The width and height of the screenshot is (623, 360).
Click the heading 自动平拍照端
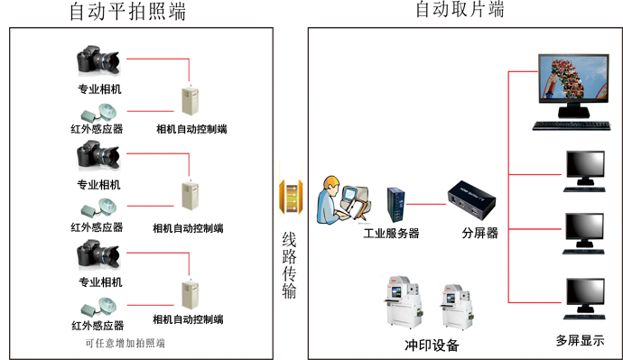click(127, 11)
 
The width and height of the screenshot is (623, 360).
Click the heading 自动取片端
click(460, 9)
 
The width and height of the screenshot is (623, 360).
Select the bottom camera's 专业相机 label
click(100, 282)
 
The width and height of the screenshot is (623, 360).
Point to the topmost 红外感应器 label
click(97, 129)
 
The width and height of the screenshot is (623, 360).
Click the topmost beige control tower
click(190, 101)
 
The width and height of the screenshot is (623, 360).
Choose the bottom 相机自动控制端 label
click(188, 319)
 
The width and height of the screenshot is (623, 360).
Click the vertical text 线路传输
click(289, 265)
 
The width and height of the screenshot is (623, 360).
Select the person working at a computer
click(344, 200)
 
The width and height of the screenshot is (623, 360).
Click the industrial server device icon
click(396, 205)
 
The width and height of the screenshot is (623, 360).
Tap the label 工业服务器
click(391, 233)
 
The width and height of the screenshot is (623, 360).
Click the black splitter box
click(471, 200)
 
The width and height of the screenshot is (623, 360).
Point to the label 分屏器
click(480, 233)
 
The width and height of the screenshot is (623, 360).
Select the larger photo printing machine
click(404, 302)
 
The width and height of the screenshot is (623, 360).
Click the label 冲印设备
click(432, 345)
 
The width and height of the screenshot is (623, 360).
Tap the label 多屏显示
click(580, 340)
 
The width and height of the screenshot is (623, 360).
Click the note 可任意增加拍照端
click(126, 343)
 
